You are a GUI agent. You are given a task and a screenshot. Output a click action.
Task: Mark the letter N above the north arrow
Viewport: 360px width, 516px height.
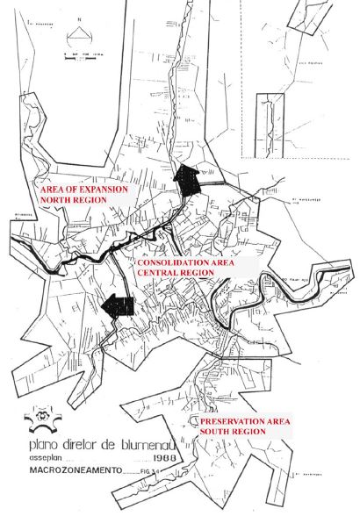point(80,18)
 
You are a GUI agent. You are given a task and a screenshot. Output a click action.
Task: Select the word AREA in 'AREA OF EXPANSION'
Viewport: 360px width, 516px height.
point(50,190)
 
